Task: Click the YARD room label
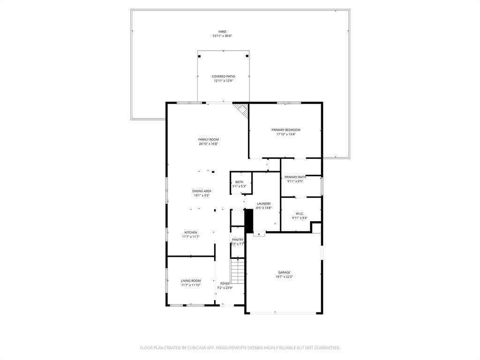tap(222, 31)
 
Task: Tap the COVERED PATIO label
tap(223, 76)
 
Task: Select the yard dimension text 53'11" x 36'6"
tap(222, 36)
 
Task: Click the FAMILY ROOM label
tap(208, 139)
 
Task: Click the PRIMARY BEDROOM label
tap(285, 130)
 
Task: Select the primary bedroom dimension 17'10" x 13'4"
tap(285, 135)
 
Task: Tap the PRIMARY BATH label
tap(295, 177)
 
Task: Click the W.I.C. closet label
tap(300, 213)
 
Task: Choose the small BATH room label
tap(239, 182)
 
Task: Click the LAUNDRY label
tap(264, 203)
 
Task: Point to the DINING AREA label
tap(202, 191)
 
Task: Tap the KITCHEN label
tap(190, 232)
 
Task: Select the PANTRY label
tap(238, 240)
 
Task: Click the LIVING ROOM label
tap(191, 280)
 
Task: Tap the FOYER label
tap(225, 284)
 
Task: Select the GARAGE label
tap(284, 272)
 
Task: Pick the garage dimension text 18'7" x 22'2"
tap(284, 277)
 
